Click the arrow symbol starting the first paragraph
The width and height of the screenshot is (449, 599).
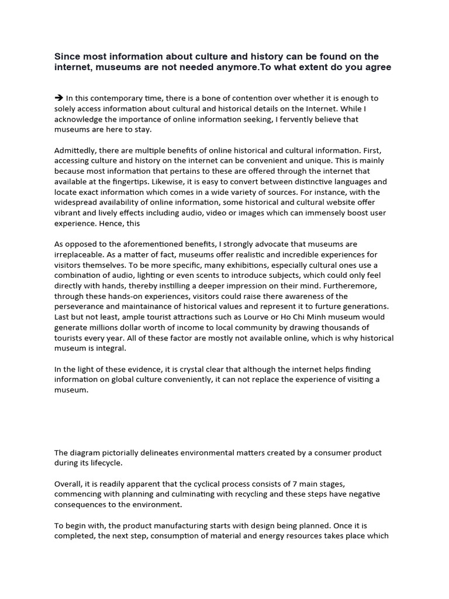58,98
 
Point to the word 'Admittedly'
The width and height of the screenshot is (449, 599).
75,150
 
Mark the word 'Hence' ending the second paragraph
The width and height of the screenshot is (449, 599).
107,224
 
